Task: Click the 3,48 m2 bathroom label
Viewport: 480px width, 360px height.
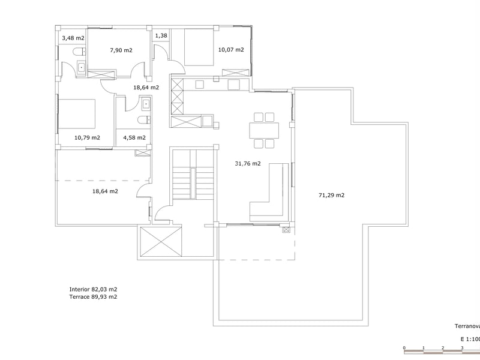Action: point(73,38)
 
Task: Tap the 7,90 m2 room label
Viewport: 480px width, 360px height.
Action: point(121,50)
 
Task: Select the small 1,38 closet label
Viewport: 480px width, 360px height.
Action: point(161,36)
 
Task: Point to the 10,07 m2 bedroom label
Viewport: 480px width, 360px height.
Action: point(231,50)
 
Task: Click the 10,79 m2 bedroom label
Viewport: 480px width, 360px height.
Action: point(87,137)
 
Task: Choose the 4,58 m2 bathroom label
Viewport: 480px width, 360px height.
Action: point(134,137)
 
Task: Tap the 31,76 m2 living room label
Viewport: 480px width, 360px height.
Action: point(248,163)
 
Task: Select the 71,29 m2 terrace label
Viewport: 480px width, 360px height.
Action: point(331,195)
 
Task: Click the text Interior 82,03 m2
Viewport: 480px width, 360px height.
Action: point(93,289)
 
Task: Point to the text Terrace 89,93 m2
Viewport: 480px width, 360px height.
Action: point(93,296)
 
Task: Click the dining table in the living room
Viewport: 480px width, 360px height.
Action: point(265,130)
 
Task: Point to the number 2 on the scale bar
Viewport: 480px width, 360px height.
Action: point(442,347)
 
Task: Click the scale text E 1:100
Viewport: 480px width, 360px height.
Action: point(469,339)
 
